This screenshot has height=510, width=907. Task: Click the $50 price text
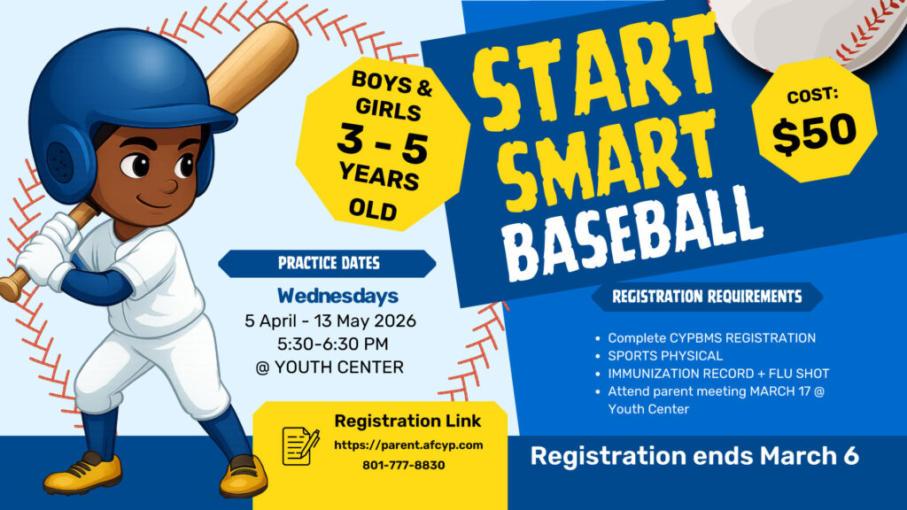[x=814, y=132]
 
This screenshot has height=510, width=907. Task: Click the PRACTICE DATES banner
[x=328, y=263]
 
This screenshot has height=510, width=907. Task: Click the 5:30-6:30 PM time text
[x=331, y=343]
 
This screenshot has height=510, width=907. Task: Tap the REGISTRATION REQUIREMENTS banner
[x=707, y=297]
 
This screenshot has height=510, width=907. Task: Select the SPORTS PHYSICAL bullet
[x=665, y=355]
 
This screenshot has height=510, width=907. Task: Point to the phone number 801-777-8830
[x=403, y=465]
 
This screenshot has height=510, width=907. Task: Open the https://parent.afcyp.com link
[x=408, y=444]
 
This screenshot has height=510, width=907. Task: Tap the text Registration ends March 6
[x=694, y=457]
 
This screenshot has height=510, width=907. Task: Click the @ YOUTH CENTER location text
[x=329, y=367]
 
